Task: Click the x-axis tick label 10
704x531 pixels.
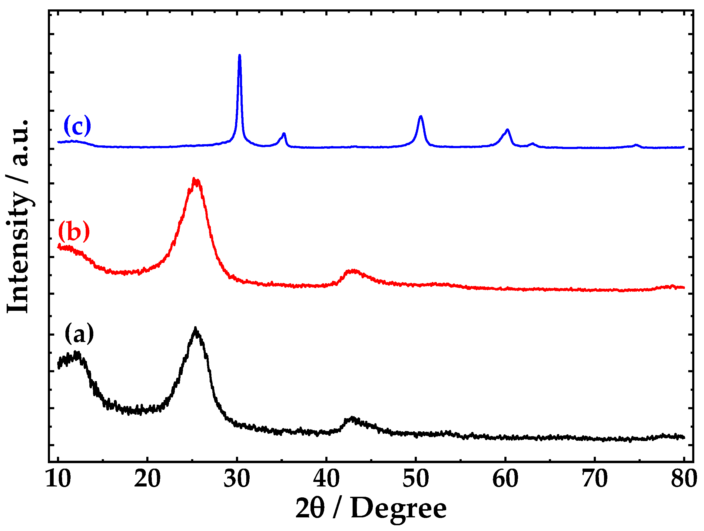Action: point(58,479)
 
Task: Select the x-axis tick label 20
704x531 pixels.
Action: point(147,479)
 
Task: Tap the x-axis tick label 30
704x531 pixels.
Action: point(237,479)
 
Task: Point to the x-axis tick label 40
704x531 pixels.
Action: point(326,479)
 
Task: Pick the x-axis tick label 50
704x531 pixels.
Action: point(416,479)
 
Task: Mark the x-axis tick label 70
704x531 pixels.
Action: point(595,479)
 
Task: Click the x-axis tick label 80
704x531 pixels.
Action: point(684,479)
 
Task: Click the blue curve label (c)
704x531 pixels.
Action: point(77,126)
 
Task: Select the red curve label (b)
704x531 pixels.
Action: point(74,231)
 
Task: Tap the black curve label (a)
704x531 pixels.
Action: point(79,334)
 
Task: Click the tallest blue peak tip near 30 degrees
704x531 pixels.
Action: point(240,55)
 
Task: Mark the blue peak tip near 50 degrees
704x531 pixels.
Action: point(421,116)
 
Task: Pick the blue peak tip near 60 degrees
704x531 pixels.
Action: point(507,130)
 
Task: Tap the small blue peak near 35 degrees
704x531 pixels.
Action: point(284,134)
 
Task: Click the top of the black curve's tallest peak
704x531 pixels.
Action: point(195,328)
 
